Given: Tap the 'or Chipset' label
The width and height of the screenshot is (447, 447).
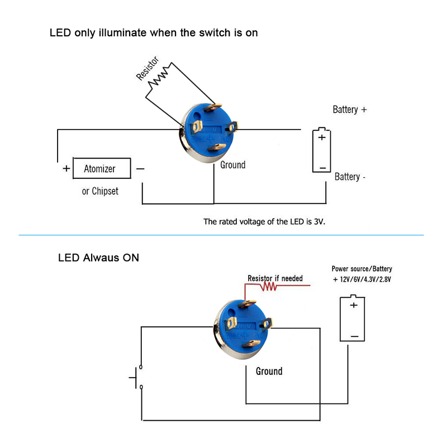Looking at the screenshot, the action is pyautogui.click(x=100, y=191).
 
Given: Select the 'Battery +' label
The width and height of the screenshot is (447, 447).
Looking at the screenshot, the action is pyautogui.click(x=350, y=110).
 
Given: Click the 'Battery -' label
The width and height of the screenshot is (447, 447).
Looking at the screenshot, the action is pyautogui.click(x=350, y=177).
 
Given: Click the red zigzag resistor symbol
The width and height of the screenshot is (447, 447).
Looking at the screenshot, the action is pyautogui.click(x=269, y=286).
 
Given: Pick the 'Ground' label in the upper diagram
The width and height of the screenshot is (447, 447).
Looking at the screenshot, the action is pyautogui.click(x=232, y=165).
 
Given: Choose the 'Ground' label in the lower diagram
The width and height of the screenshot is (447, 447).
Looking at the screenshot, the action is pyautogui.click(x=269, y=371).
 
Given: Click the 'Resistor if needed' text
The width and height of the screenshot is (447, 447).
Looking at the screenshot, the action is pyautogui.click(x=275, y=278).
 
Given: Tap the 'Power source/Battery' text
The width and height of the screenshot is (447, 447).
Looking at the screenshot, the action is pyautogui.click(x=362, y=269).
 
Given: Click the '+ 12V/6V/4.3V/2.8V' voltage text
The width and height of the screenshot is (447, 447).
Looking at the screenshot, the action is pyautogui.click(x=362, y=279).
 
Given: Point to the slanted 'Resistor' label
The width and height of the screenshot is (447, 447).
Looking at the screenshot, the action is pyautogui.click(x=147, y=68).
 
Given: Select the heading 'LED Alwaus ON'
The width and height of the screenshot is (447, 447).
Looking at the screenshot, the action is pyautogui.click(x=98, y=258).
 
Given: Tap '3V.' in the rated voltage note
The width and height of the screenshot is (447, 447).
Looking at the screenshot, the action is pyautogui.click(x=320, y=221).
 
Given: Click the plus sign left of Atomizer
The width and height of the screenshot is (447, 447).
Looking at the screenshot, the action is pyautogui.click(x=66, y=169).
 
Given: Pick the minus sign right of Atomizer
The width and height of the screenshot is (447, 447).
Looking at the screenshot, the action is pyautogui.click(x=140, y=169).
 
